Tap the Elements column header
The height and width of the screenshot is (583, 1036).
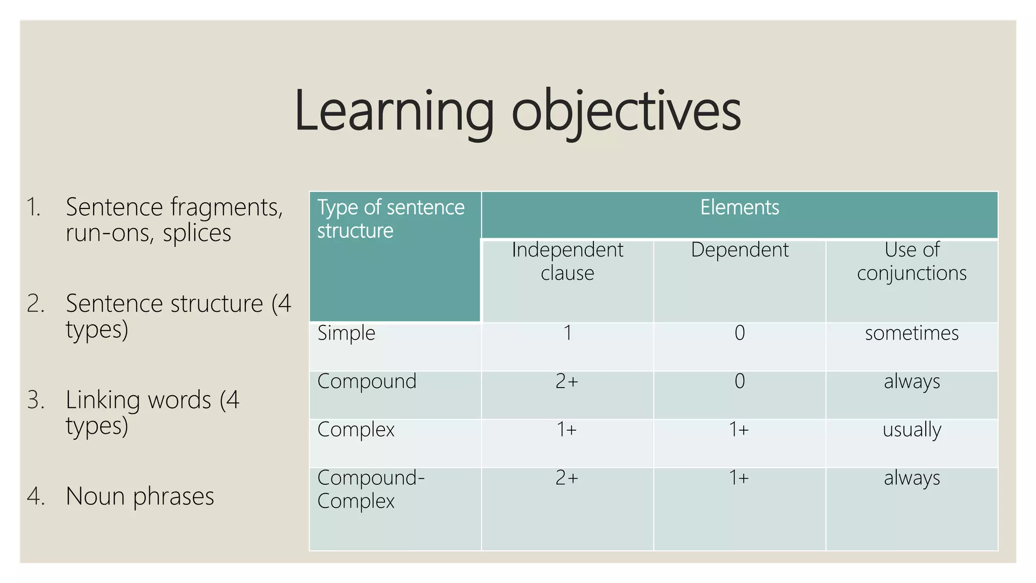tap(739, 208)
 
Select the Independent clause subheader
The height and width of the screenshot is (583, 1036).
tap(567, 262)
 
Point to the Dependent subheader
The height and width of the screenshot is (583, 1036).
tap(739, 250)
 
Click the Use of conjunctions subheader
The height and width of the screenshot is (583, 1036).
tap(912, 262)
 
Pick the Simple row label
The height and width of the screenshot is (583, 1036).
tap(347, 334)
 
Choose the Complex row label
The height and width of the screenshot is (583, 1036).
tap(356, 430)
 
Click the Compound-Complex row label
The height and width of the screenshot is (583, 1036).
tap(371, 489)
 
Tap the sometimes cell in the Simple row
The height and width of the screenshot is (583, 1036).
tap(912, 334)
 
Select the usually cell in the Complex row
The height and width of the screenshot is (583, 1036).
tap(912, 430)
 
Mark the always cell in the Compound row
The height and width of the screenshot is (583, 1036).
tap(912, 382)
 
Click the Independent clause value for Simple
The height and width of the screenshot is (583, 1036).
tap(568, 333)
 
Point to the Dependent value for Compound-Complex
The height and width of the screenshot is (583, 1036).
tap(739, 478)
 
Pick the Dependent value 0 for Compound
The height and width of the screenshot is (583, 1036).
tap(739, 382)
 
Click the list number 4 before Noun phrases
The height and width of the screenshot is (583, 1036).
tap(35, 496)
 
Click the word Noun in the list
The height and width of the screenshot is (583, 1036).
tap(95, 496)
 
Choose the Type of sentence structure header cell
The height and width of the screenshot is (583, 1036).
tap(391, 219)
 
